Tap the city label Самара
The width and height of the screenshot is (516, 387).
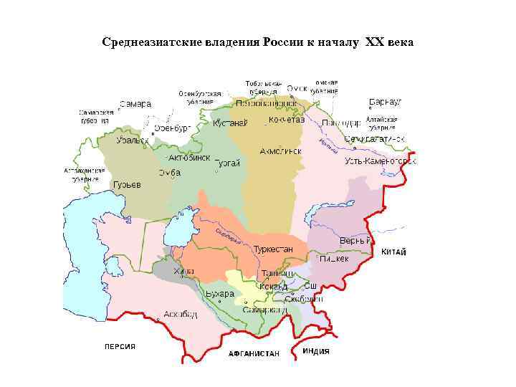click(x=135, y=104)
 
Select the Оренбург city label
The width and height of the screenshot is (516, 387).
click(x=173, y=128)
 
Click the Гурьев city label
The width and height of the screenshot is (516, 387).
click(x=127, y=184)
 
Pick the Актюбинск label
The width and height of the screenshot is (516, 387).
click(x=189, y=158)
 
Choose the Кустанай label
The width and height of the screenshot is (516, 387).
click(x=230, y=123)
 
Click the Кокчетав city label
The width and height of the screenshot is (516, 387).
click(x=287, y=120)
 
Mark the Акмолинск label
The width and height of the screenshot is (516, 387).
click(x=280, y=151)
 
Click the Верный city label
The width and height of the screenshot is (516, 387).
click(x=355, y=240)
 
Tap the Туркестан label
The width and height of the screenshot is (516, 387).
click(x=273, y=249)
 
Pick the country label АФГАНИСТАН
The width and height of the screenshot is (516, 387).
click(x=254, y=354)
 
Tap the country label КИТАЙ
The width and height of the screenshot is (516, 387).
click(x=393, y=252)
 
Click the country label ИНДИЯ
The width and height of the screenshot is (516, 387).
click(x=316, y=351)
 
